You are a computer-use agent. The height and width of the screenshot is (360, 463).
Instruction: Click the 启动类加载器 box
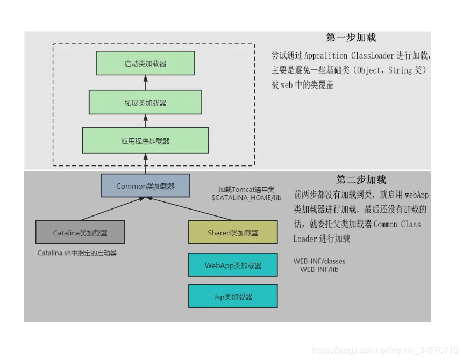tap(145, 63)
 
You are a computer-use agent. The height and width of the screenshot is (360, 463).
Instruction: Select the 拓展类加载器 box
tap(145, 102)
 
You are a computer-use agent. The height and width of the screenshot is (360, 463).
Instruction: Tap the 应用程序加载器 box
tap(145, 140)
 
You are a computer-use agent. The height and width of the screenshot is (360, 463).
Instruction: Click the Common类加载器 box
tap(145, 185)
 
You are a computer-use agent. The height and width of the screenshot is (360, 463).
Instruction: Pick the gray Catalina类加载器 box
tap(80, 232)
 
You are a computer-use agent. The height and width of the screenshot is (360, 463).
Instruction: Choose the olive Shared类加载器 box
tap(233, 232)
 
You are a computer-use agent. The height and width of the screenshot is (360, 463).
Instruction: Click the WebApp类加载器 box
tap(233, 265)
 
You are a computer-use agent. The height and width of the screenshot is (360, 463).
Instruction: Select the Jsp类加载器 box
tap(233, 296)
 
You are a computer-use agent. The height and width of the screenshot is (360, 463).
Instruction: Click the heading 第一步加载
tap(351, 38)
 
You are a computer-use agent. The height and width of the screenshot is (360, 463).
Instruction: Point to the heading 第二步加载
tap(361, 179)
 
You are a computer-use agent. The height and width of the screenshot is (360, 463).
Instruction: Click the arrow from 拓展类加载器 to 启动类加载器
tap(145, 82)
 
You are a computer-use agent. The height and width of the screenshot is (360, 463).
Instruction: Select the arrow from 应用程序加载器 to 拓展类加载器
tap(145, 121)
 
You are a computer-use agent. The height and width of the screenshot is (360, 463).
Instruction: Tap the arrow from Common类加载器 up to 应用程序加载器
tap(145, 163)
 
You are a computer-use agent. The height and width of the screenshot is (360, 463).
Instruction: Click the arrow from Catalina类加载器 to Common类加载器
tap(110, 209)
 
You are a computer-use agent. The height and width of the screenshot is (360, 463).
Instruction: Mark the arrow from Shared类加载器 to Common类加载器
tap(191, 209)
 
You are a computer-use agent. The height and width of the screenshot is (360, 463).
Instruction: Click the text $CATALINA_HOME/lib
tap(246, 198)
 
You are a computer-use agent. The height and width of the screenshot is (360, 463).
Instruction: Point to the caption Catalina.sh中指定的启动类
tap(77, 253)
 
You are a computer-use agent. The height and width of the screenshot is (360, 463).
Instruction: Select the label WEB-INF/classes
tap(319, 261)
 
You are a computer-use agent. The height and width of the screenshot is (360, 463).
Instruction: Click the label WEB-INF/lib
tap(319, 269)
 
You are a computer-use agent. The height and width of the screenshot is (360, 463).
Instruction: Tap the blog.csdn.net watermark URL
tap(385, 350)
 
